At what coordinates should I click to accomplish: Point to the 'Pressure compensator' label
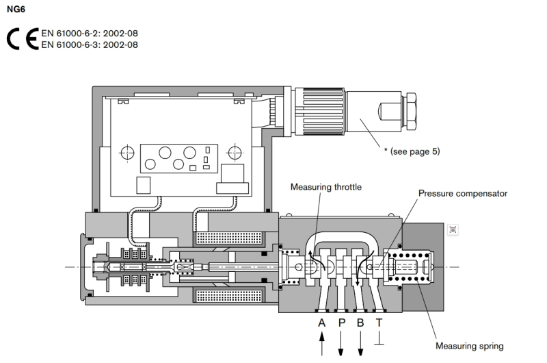[x=463, y=193]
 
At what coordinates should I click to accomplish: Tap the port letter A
[x=321, y=323]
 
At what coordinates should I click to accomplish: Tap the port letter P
[x=341, y=323]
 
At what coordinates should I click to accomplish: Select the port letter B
[x=360, y=323]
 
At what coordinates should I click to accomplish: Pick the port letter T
[x=379, y=323]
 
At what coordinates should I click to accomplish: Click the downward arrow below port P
[x=341, y=344]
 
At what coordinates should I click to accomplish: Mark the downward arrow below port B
[x=360, y=344]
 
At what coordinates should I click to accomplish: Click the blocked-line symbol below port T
[x=379, y=340]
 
